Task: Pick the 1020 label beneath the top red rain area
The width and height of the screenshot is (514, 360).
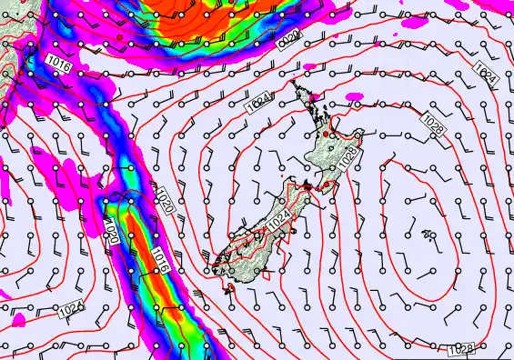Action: [x=288, y=40]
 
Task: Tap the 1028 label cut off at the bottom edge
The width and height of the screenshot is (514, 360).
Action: [x=461, y=350]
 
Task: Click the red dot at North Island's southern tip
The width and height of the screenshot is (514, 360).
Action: [x=320, y=185]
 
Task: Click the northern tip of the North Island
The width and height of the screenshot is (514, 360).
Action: [x=294, y=84]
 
